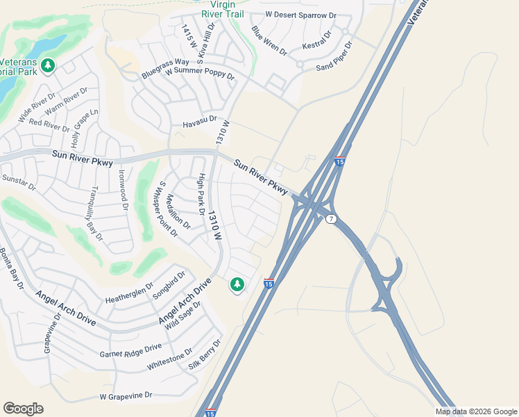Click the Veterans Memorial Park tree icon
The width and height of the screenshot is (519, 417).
48,66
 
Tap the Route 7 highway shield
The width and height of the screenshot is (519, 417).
331,219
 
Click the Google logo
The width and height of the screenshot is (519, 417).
23,409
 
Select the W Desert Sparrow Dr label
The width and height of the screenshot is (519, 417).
300,14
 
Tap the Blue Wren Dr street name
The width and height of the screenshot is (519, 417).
269,40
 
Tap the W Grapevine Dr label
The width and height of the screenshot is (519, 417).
126,395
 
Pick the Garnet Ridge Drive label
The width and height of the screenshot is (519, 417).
130,350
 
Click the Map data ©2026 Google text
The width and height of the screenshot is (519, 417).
475,411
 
